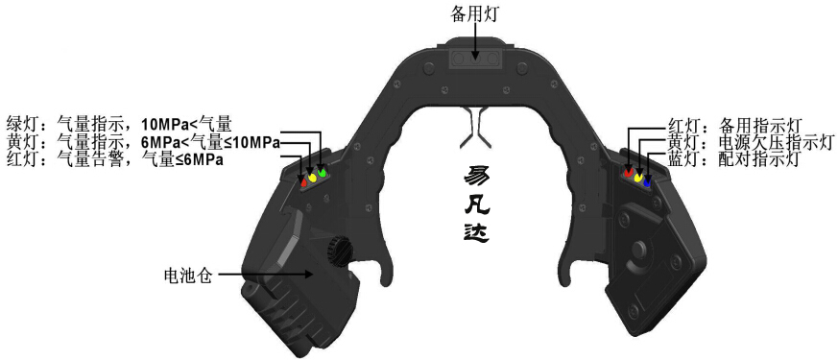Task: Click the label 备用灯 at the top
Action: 477,14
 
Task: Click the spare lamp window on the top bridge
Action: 476,58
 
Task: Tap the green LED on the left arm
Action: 323,172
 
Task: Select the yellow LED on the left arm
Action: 313,177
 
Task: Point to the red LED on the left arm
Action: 303,180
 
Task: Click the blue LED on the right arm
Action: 648,180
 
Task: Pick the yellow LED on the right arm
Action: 639,177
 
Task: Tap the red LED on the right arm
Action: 630,173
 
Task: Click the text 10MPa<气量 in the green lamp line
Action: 186,124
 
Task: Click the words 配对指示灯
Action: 759,159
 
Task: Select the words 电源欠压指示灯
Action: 767,142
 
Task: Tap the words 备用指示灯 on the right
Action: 759,124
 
